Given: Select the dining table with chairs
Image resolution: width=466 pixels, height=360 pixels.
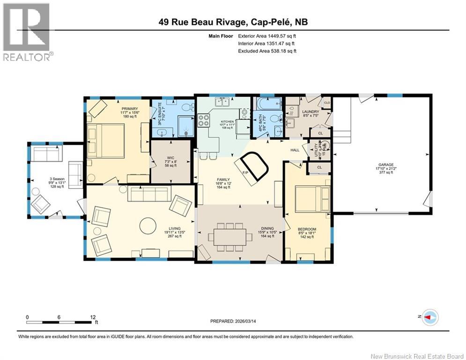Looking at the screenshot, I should click(x=230, y=234).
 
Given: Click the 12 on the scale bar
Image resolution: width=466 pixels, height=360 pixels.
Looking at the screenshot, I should click(x=93, y=317).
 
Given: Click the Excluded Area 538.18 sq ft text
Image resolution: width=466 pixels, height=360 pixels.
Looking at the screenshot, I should click(x=267, y=51).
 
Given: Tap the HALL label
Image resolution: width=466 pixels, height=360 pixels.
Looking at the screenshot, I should click(x=294, y=150).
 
